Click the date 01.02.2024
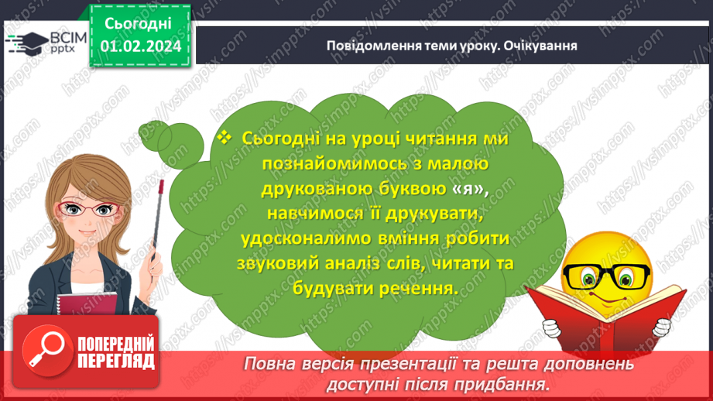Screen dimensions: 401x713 click(140, 46)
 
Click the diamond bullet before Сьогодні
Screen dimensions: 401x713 click(225, 137)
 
